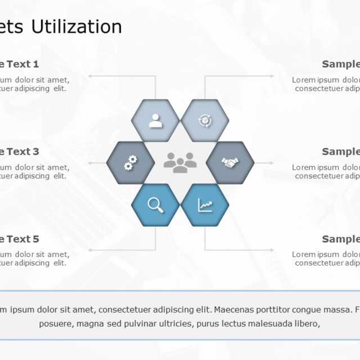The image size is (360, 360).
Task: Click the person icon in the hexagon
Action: [x=155, y=120]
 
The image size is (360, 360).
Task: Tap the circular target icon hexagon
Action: [x=204, y=120]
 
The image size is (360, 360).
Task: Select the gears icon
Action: [x=130, y=163]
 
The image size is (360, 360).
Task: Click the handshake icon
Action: [x=229, y=163]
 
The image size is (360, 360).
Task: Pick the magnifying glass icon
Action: [x=155, y=205]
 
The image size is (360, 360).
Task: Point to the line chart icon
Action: [x=205, y=205]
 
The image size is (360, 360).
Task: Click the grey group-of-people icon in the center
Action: [x=180, y=162]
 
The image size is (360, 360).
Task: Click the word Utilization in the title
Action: [x=76, y=26]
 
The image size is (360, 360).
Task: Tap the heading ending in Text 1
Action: [x=20, y=64]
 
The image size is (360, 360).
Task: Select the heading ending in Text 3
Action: [x=20, y=151]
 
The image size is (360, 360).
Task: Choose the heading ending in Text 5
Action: [x=20, y=239]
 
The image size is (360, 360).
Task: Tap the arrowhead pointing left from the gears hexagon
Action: [x=90, y=163]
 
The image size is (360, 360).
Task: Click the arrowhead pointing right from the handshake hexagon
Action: [x=272, y=163]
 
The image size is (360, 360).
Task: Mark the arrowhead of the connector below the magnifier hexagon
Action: [x=89, y=250]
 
